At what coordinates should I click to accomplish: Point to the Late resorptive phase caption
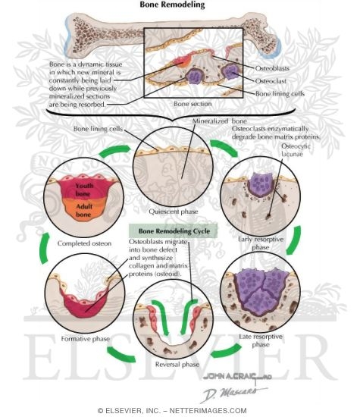pos(260,343)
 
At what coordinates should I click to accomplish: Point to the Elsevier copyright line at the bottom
pos(180,410)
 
